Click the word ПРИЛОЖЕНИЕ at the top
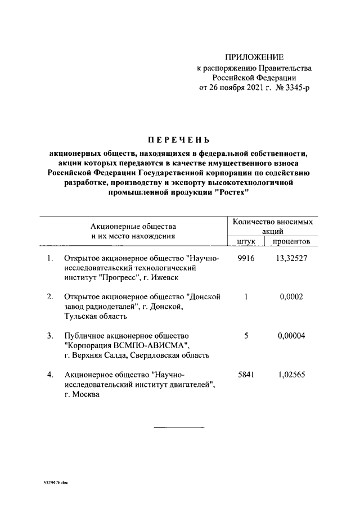coord(254,57)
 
